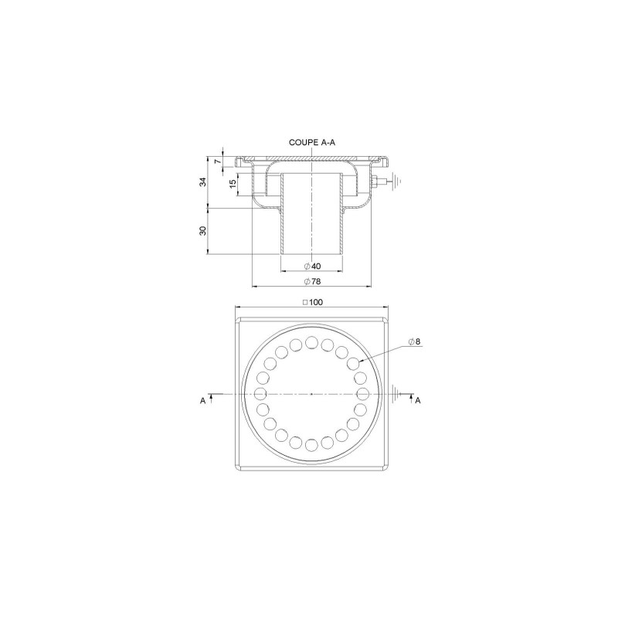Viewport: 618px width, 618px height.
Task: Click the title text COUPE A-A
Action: coord(311,142)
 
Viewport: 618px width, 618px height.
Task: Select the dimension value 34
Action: coord(203,182)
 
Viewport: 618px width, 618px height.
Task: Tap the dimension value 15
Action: coord(233,184)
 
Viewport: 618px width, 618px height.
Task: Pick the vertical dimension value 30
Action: coord(203,231)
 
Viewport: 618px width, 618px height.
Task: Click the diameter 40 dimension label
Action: coord(312,266)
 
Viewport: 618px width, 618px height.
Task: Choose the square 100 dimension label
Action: coord(312,302)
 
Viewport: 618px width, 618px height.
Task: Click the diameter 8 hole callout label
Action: coord(414,343)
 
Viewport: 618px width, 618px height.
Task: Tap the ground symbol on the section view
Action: coord(395,182)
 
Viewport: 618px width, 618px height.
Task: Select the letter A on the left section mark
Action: coord(202,401)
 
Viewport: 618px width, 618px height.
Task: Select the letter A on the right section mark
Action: coord(419,401)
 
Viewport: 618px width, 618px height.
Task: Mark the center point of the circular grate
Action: coord(311,394)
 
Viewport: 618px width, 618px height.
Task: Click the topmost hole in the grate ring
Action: coord(311,342)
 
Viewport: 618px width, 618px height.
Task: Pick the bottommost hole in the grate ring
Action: coord(311,445)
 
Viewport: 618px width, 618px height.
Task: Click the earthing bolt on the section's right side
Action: coord(375,183)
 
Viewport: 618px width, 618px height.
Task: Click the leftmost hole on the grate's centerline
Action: coord(260,394)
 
